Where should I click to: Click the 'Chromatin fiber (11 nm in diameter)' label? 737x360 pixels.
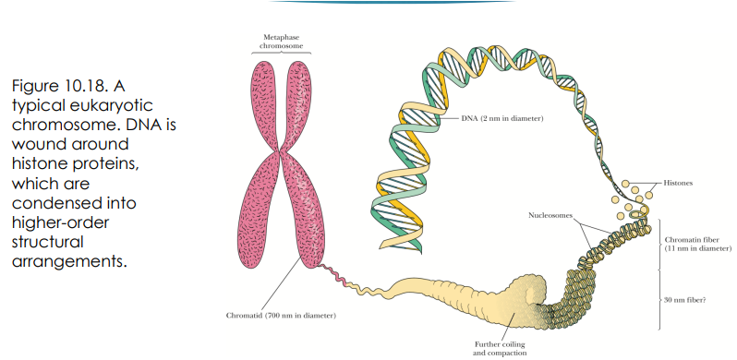tap(697, 244)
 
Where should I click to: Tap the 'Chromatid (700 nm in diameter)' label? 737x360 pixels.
tap(281, 316)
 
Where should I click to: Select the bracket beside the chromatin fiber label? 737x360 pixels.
tap(658, 244)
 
